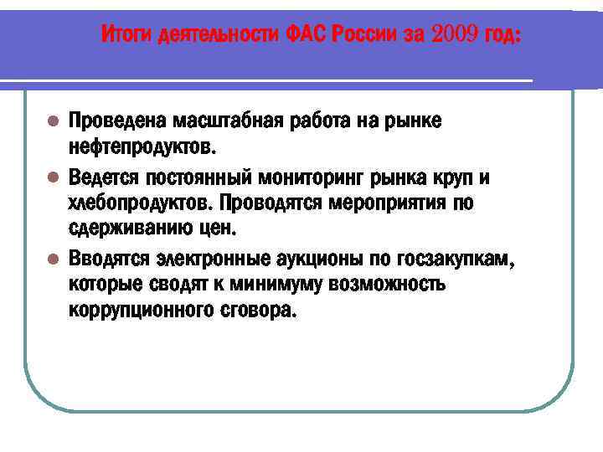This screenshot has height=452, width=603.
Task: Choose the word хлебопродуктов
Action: pyautogui.click(x=140, y=204)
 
